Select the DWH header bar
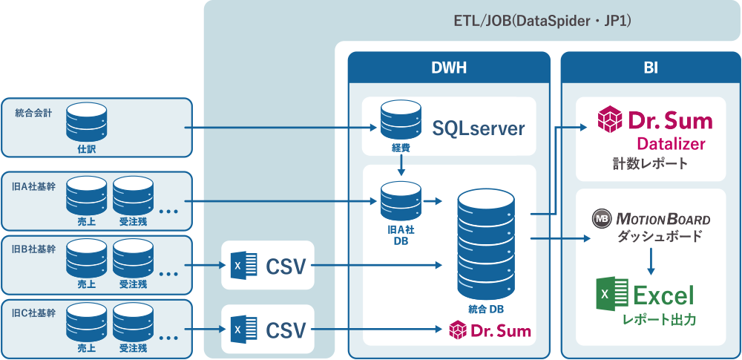[x=449, y=68]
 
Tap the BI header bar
[x=650, y=68]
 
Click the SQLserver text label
[x=479, y=128]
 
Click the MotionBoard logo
[x=651, y=219]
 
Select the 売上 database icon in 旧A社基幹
[x=86, y=195]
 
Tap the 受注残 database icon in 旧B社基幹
[x=133, y=259]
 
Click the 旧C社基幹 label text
[x=35, y=312]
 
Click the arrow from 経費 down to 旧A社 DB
[x=401, y=165]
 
